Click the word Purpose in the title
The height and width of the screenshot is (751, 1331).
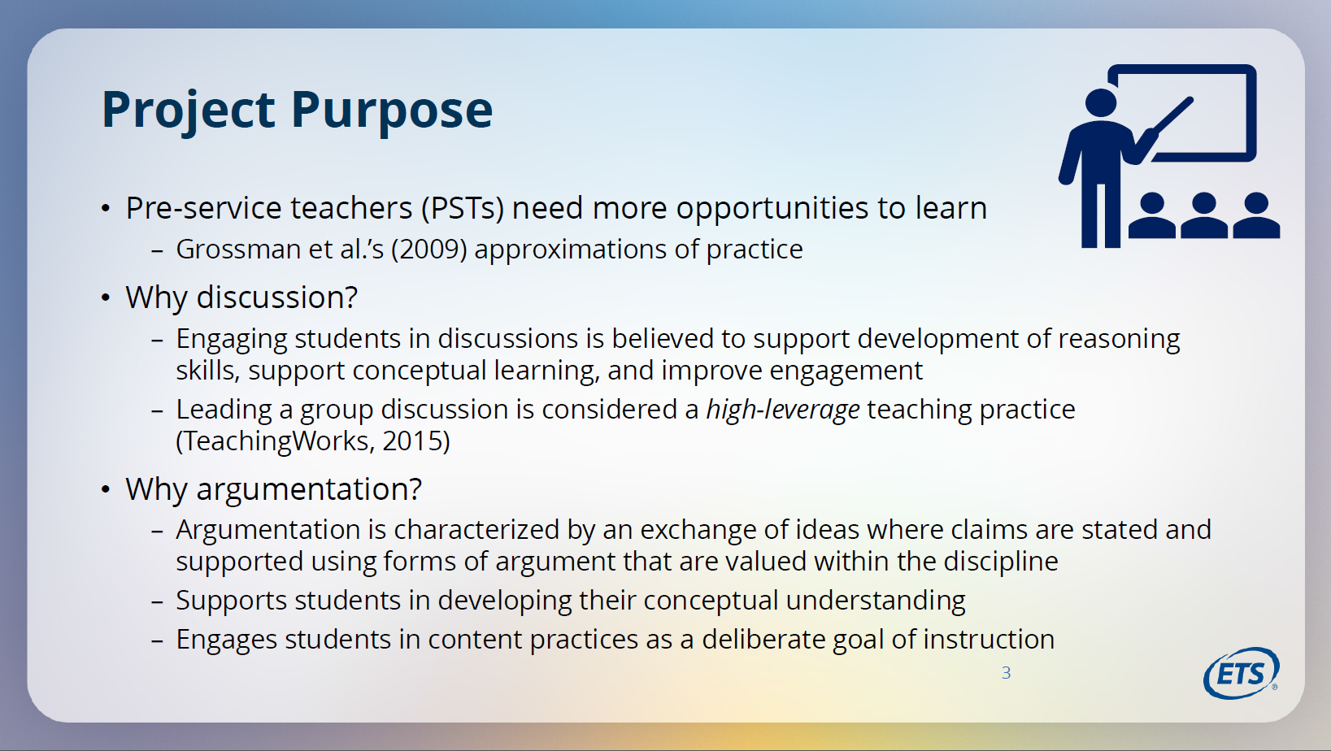point(392,111)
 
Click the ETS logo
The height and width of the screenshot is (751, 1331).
point(1241,673)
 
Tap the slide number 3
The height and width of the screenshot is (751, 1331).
point(1006,673)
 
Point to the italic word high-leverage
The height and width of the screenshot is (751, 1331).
point(782,410)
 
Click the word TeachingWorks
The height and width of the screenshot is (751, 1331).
point(275,441)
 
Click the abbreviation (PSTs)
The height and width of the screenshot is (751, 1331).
point(463,209)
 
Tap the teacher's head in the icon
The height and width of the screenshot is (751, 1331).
point(1100,102)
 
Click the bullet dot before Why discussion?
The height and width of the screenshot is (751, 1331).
point(106,297)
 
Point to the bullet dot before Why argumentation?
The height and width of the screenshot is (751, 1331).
point(106,489)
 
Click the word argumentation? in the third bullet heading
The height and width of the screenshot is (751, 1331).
point(309,490)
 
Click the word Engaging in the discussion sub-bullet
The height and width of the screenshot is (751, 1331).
point(231,340)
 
